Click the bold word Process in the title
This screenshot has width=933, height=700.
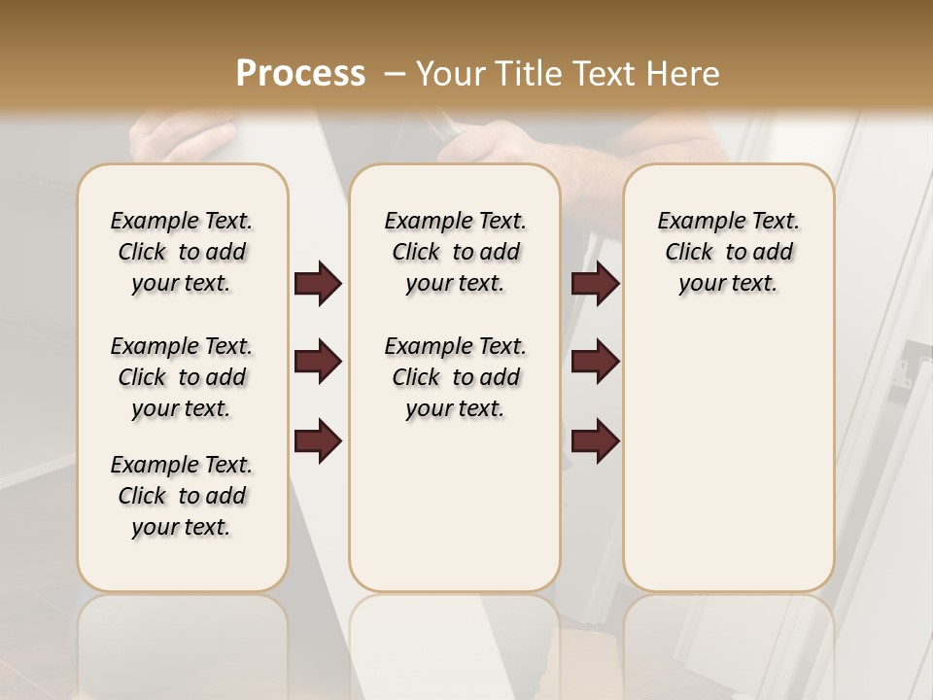tap(300, 74)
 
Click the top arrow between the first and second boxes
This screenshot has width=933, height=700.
tap(318, 283)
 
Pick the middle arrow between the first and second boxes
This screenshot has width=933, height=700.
tap(318, 362)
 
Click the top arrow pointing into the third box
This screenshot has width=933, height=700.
tap(596, 283)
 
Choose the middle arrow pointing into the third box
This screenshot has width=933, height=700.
tap(596, 362)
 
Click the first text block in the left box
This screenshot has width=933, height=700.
tap(182, 252)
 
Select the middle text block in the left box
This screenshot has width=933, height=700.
tap(182, 377)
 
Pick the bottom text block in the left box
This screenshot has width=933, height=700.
tap(182, 496)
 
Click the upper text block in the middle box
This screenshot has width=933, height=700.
tap(455, 252)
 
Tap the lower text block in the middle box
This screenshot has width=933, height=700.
tap(455, 377)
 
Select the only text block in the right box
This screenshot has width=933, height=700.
tap(728, 252)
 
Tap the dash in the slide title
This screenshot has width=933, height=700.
tap(395, 74)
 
